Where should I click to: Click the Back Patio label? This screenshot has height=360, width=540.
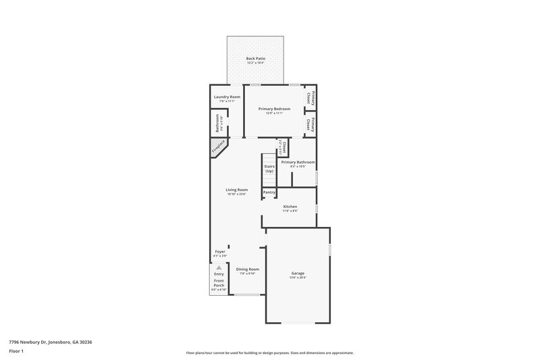point(255,59)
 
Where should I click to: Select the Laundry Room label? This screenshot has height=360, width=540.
point(227,97)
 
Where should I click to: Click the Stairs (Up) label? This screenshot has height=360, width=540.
point(269,168)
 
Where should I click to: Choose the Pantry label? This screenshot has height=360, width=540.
point(269,192)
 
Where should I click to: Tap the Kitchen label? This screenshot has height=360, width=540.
point(290,206)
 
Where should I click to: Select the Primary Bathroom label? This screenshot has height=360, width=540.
point(298,162)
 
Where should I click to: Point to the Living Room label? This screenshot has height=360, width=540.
point(236,190)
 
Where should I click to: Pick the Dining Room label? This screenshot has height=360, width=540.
point(247,269)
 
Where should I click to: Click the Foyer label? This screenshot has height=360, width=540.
point(219,251)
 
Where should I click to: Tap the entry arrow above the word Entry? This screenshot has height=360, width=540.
point(219,267)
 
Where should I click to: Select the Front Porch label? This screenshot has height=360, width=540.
point(219,283)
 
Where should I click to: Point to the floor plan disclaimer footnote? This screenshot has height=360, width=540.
point(270,353)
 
